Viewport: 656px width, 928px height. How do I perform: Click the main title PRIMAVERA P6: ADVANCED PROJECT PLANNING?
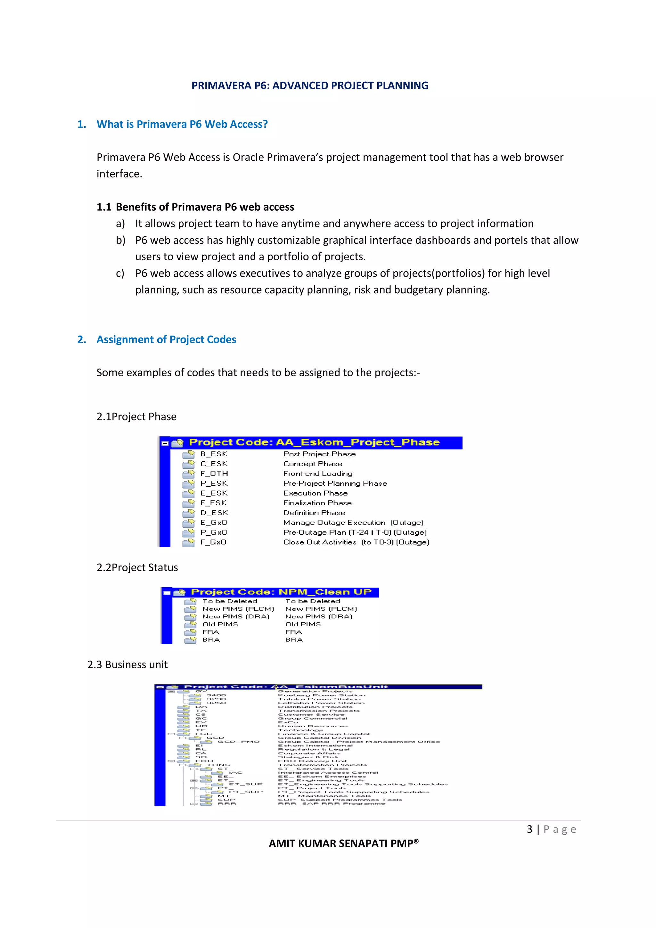coord(310,86)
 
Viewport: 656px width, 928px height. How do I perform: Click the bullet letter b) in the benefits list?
coord(120,240)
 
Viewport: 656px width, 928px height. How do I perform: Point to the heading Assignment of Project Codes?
coord(166,339)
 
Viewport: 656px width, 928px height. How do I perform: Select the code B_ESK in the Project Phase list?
coord(214,454)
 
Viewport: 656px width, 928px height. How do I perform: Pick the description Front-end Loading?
coord(318,474)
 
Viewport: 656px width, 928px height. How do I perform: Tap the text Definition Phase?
coord(314,513)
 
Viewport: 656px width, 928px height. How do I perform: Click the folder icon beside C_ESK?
coord(188,464)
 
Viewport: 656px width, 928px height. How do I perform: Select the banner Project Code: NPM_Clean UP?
coord(281,592)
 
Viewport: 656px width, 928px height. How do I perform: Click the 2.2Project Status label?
coord(137,567)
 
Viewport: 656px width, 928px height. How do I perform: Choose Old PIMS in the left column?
coord(220,624)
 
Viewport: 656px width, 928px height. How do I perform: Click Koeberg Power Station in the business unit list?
coord(321,696)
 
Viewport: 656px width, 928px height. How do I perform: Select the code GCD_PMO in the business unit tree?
coord(238,742)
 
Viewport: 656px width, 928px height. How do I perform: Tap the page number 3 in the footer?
coord(529,829)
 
